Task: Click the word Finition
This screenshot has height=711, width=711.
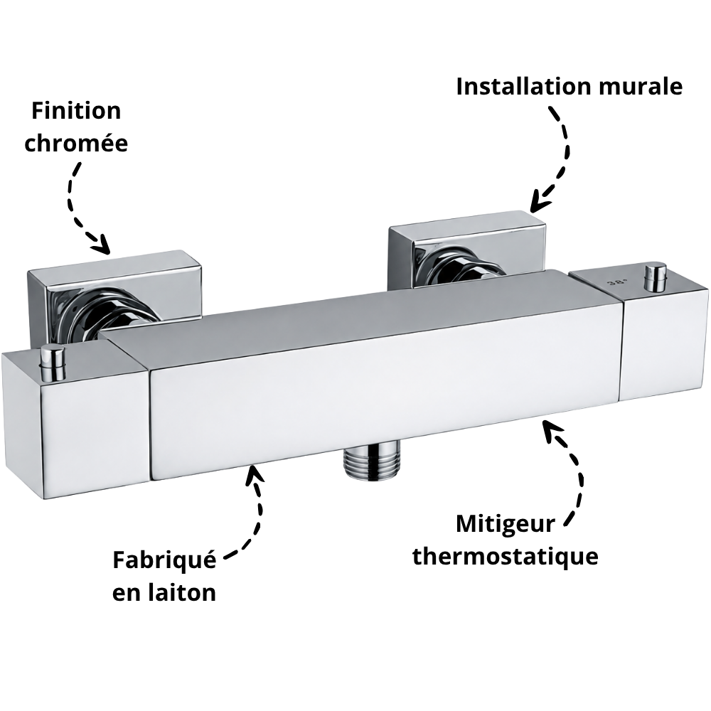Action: tap(76, 111)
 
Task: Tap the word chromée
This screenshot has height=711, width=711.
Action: tap(76, 143)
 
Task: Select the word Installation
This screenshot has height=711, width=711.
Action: tap(524, 86)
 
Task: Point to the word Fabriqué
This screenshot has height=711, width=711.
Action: tap(164, 560)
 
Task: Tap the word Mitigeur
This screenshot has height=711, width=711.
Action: tap(505, 525)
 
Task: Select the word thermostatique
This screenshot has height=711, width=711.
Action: tap(505, 556)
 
